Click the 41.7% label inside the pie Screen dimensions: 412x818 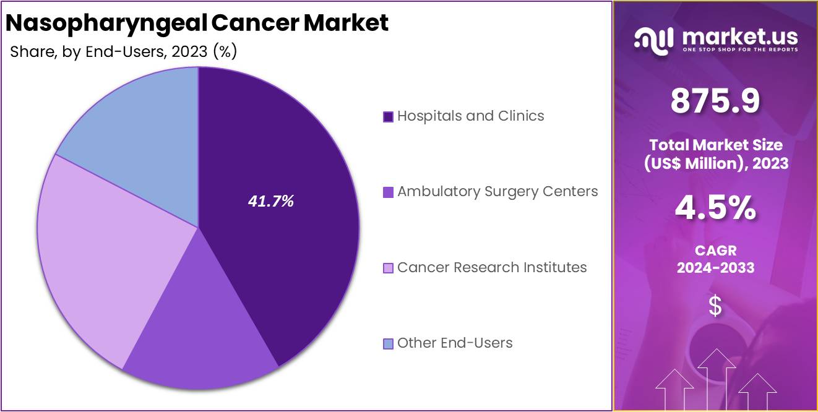[x=270, y=201]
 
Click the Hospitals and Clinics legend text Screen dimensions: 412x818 [x=470, y=116]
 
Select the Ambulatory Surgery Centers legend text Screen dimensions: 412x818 [x=497, y=192]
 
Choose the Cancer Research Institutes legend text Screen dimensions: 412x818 [x=492, y=267]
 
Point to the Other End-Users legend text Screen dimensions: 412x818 [x=455, y=343]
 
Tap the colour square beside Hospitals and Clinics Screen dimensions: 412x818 [x=389, y=117]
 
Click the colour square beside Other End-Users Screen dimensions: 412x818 [x=389, y=343]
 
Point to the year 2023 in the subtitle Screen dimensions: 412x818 [x=189, y=52]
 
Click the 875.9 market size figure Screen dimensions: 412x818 [x=715, y=102]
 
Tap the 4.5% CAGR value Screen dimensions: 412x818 [x=715, y=209]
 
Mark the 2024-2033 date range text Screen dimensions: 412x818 [x=715, y=268]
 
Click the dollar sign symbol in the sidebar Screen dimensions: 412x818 [x=715, y=306]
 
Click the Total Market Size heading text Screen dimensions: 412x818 [x=715, y=145]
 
